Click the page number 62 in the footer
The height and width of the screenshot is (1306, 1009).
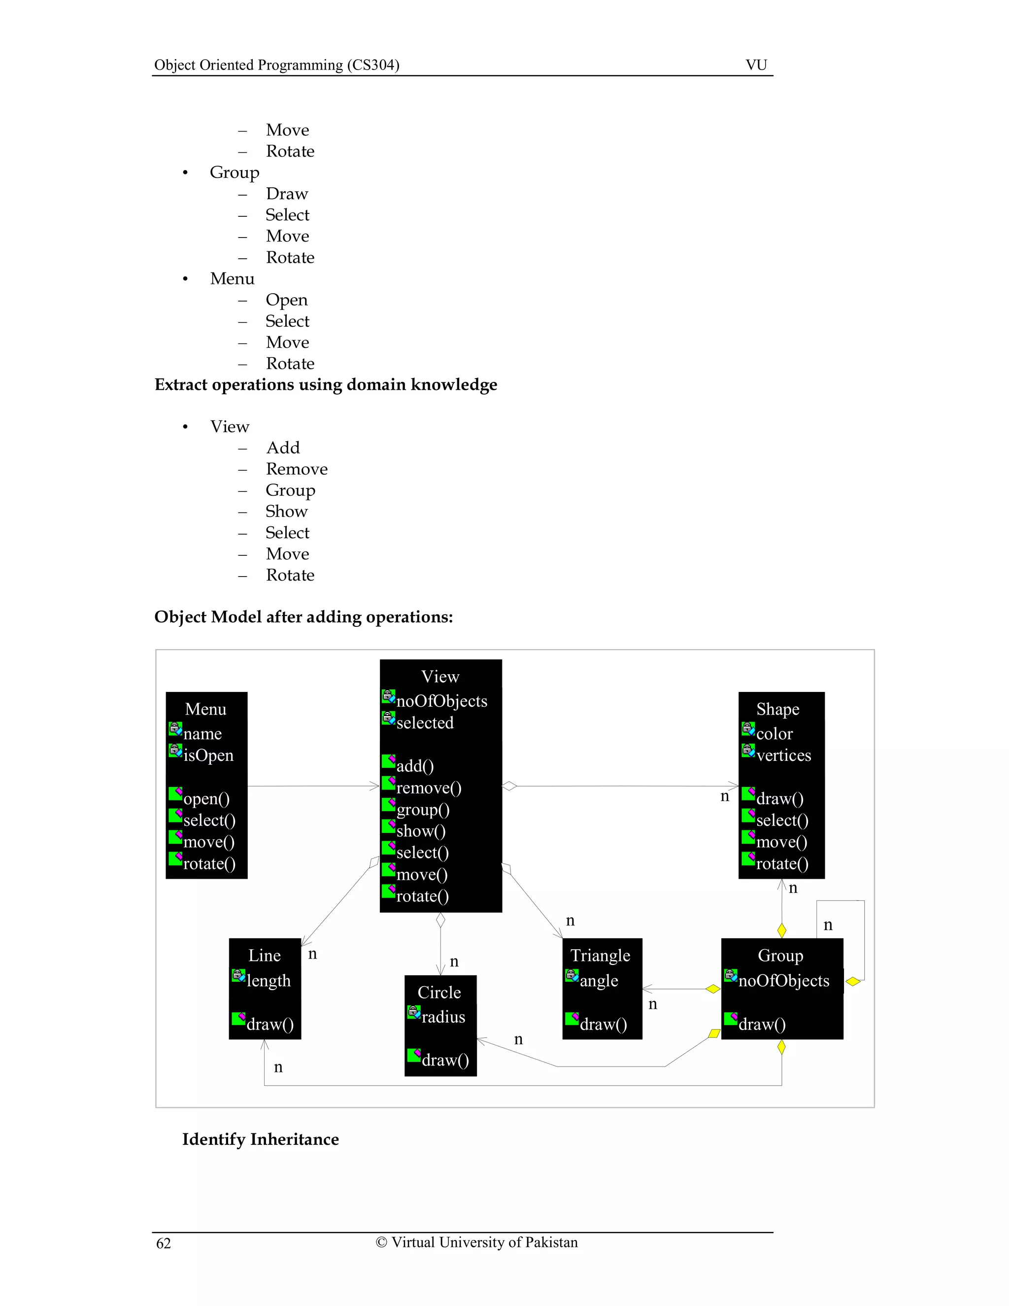[163, 1243]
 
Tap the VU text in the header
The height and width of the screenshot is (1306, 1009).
[756, 65]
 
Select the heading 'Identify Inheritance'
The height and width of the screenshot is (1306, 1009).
[260, 1138]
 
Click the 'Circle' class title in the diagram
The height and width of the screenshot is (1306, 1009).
[439, 992]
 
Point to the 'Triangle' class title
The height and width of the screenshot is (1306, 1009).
[600, 955]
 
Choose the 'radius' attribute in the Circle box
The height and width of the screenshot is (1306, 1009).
[443, 1017]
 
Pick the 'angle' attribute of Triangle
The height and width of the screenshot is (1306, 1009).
[599, 980]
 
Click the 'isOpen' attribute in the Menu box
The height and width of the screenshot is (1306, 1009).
[208, 755]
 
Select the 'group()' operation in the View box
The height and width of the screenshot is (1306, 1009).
[423, 810]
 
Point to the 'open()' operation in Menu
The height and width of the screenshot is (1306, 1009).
[206, 799]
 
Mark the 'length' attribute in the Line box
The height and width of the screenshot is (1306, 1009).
[269, 980]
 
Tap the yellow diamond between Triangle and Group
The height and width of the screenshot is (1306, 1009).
[712, 989]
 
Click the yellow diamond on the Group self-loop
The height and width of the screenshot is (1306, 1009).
[853, 981]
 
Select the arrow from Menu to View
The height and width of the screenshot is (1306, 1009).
[313, 786]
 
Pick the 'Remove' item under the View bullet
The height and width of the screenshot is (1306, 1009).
[297, 469]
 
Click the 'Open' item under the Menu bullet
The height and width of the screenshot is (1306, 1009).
[286, 300]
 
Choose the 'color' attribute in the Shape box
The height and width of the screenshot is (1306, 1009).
[774, 734]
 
